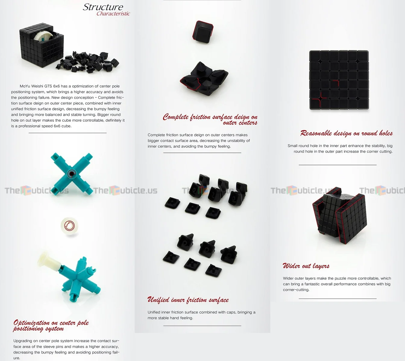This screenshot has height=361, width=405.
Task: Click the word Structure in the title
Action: tap(103, 7)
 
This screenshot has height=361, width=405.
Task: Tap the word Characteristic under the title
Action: tap(113, 14)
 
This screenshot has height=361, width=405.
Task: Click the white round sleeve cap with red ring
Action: tap(69, 226)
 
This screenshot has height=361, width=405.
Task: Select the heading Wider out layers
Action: tap(306, 266)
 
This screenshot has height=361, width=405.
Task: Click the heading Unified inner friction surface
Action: tap(188, 300)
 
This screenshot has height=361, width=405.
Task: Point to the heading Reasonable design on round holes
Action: tap(347, 133)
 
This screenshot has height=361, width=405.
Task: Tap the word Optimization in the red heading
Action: tap(31, 323)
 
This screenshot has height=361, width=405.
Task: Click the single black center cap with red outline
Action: tap(203, 32)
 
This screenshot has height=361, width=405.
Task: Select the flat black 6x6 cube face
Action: tap(339, 80)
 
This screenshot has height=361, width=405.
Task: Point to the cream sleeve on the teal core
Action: tap(49, 261)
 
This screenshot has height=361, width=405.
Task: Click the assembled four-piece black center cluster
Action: tap(204, 79)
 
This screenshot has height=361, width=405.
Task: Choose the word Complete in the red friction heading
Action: tap(176, 117)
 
